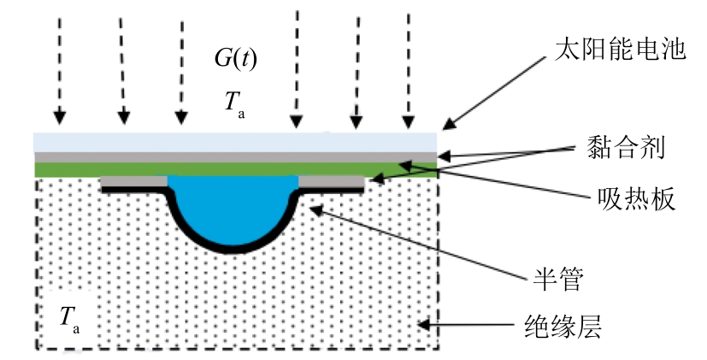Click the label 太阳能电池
tap(616, 49)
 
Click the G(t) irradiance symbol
tap(236, 60)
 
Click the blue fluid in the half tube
tap(233, 205)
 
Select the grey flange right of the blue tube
tap(333, 181)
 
